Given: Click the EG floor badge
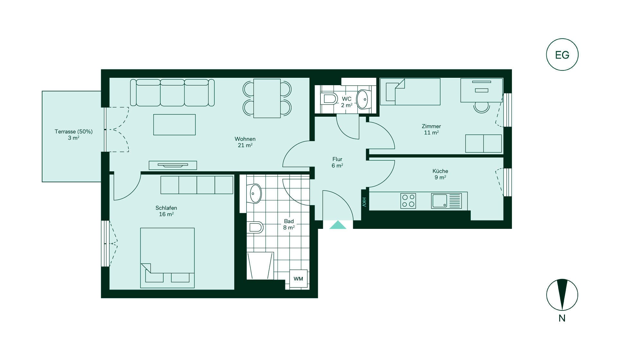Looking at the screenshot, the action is (562, 55).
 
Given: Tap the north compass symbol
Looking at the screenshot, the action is (562, 295).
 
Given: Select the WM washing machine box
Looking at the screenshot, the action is (299, 279).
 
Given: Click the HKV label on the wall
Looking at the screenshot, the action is (364, 202).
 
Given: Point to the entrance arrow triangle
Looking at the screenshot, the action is (338, 225).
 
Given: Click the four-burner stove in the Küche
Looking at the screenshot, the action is (408, 201).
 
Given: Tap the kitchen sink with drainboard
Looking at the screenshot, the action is (446, 201).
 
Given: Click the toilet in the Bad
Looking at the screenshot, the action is (255, 227).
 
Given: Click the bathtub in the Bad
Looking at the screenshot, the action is (260, 265).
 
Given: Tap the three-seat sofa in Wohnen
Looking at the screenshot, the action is (172, 93).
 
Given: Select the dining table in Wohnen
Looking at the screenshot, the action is (267, 98).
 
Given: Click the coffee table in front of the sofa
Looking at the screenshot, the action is (174, 125).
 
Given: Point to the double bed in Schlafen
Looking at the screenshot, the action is (167, 258).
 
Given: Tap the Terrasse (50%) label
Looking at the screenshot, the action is (74, 131).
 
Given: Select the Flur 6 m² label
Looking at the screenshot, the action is (337, 162).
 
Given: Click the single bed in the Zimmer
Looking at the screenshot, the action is (410, 92).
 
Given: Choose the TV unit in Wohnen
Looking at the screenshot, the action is (173, 165).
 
